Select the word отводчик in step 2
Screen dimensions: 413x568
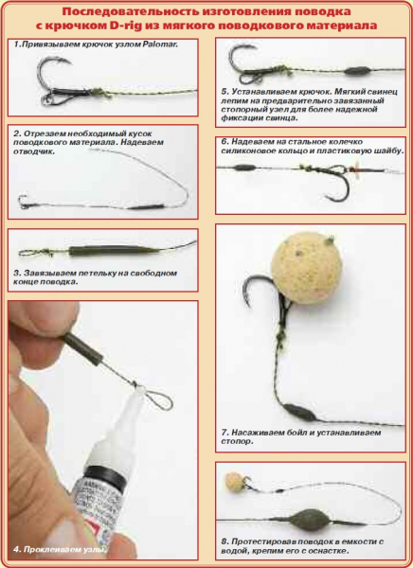tap(34, 151)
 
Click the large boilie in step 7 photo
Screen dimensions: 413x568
tap(306, 268)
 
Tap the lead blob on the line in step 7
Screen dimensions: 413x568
tap(299, 413)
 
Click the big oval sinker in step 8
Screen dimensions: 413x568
tap(308, 520)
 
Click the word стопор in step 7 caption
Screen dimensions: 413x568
tap(237, 441)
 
